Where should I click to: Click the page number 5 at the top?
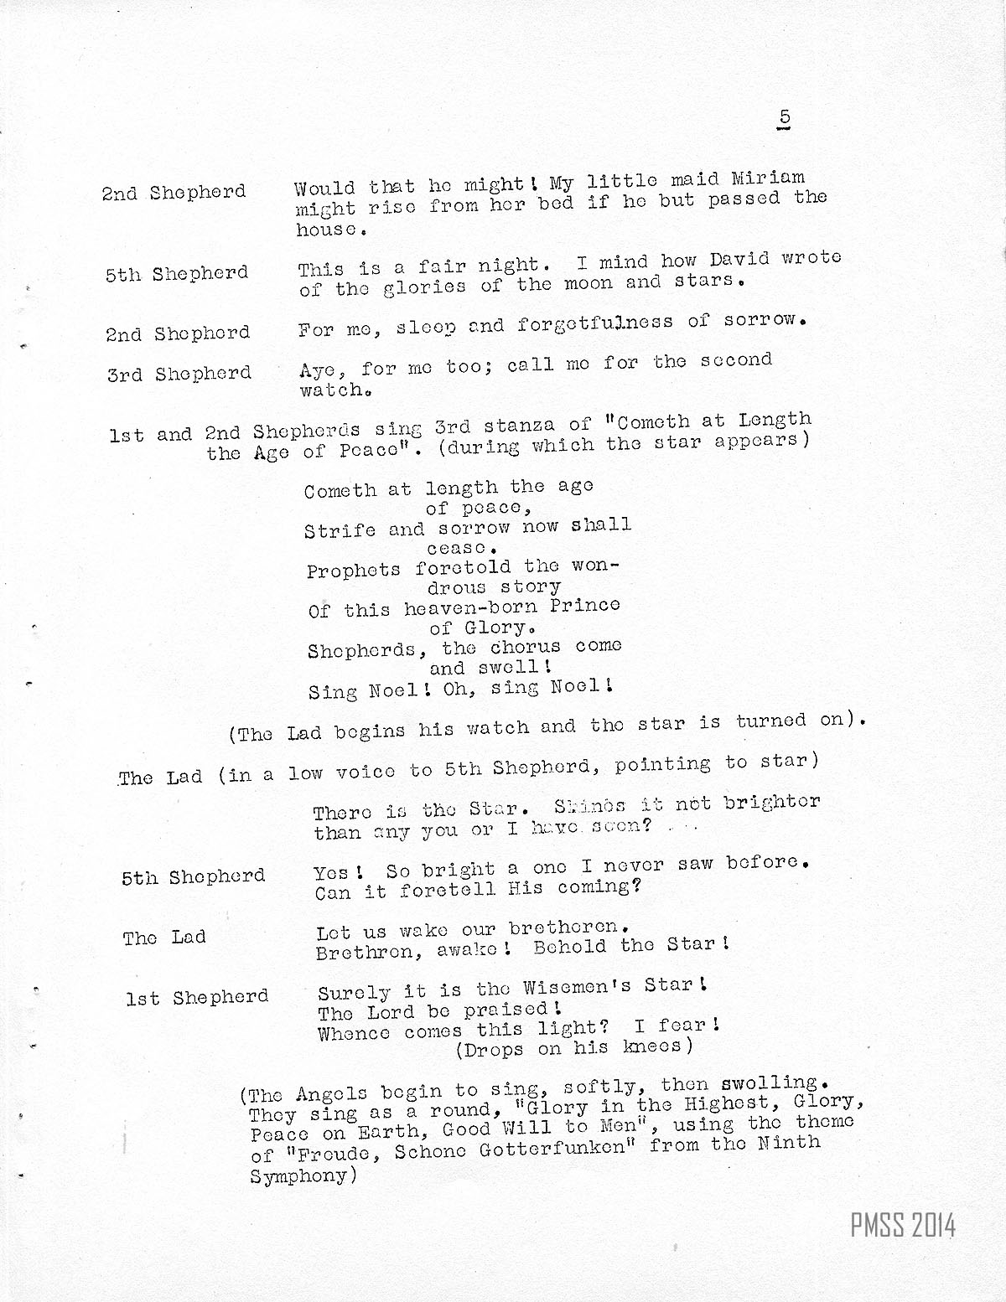784,118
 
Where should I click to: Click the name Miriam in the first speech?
768,178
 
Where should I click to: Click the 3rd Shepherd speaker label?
179,374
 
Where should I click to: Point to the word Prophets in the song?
353,571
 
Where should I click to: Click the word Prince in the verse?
585,604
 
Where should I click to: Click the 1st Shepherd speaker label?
198,998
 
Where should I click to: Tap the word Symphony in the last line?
298,1175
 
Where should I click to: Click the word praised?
502,1010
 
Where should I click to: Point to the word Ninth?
790,1141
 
